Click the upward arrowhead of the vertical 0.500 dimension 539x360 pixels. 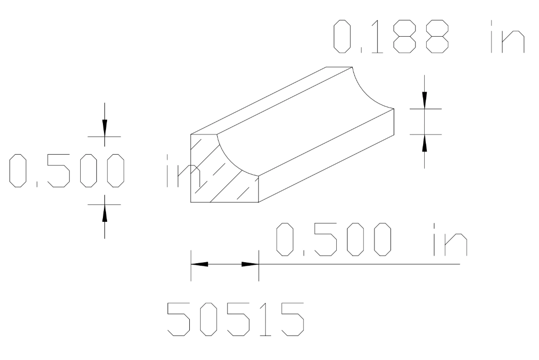(x=104, y=212)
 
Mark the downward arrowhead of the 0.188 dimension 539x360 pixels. (x=425, y=100)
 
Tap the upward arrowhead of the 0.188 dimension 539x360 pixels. (x=425, y=143)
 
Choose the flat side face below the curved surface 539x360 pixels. (x=326, y=155)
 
